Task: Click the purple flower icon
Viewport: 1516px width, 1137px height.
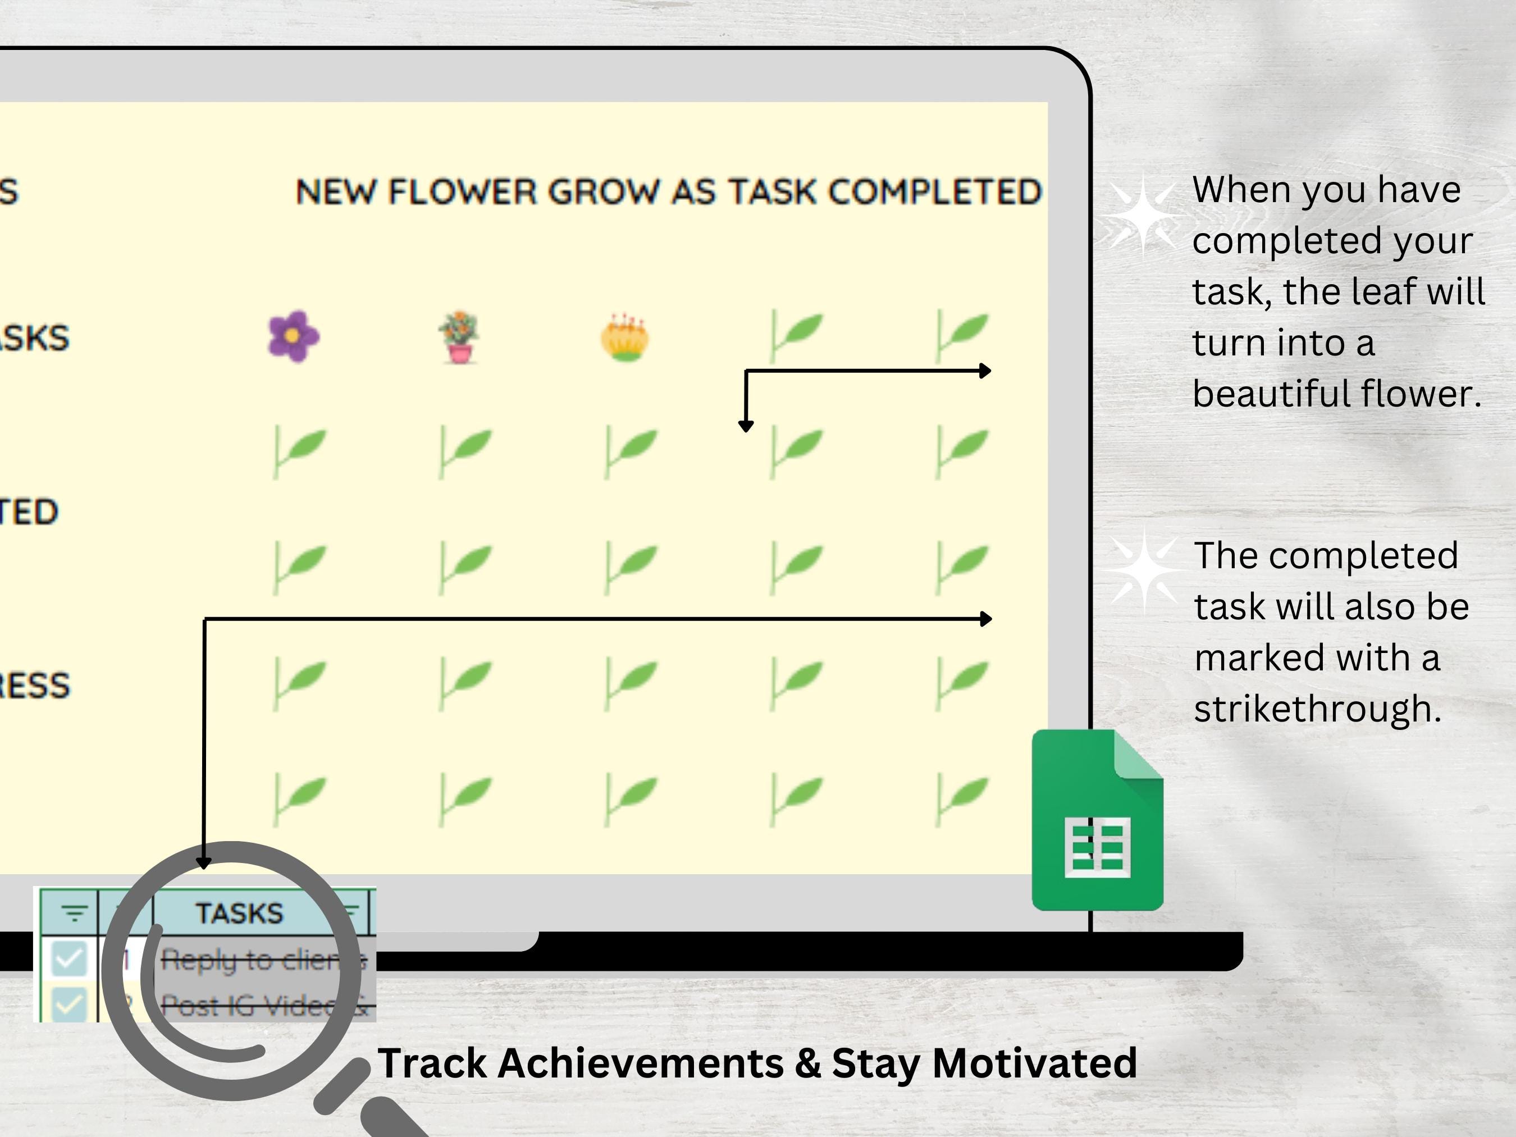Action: click(x=293, y=336)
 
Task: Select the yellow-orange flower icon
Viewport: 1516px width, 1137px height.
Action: click(x=625, y=337)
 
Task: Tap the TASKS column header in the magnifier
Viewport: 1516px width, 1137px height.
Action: click(x=239, y=913)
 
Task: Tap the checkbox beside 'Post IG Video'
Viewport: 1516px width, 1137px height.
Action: click(x=69, y=1004)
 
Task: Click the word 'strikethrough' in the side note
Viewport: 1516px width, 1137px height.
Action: click(x=1317, y=709)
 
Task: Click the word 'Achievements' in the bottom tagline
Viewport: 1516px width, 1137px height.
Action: click(x=640, y=1063)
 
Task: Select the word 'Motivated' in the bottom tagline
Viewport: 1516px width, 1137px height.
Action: click(x=1034, y=1063)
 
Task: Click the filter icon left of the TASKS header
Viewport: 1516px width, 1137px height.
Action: click(x=74, y=913)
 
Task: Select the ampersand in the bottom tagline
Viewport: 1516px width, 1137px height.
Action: click(x=808, y=1063)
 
